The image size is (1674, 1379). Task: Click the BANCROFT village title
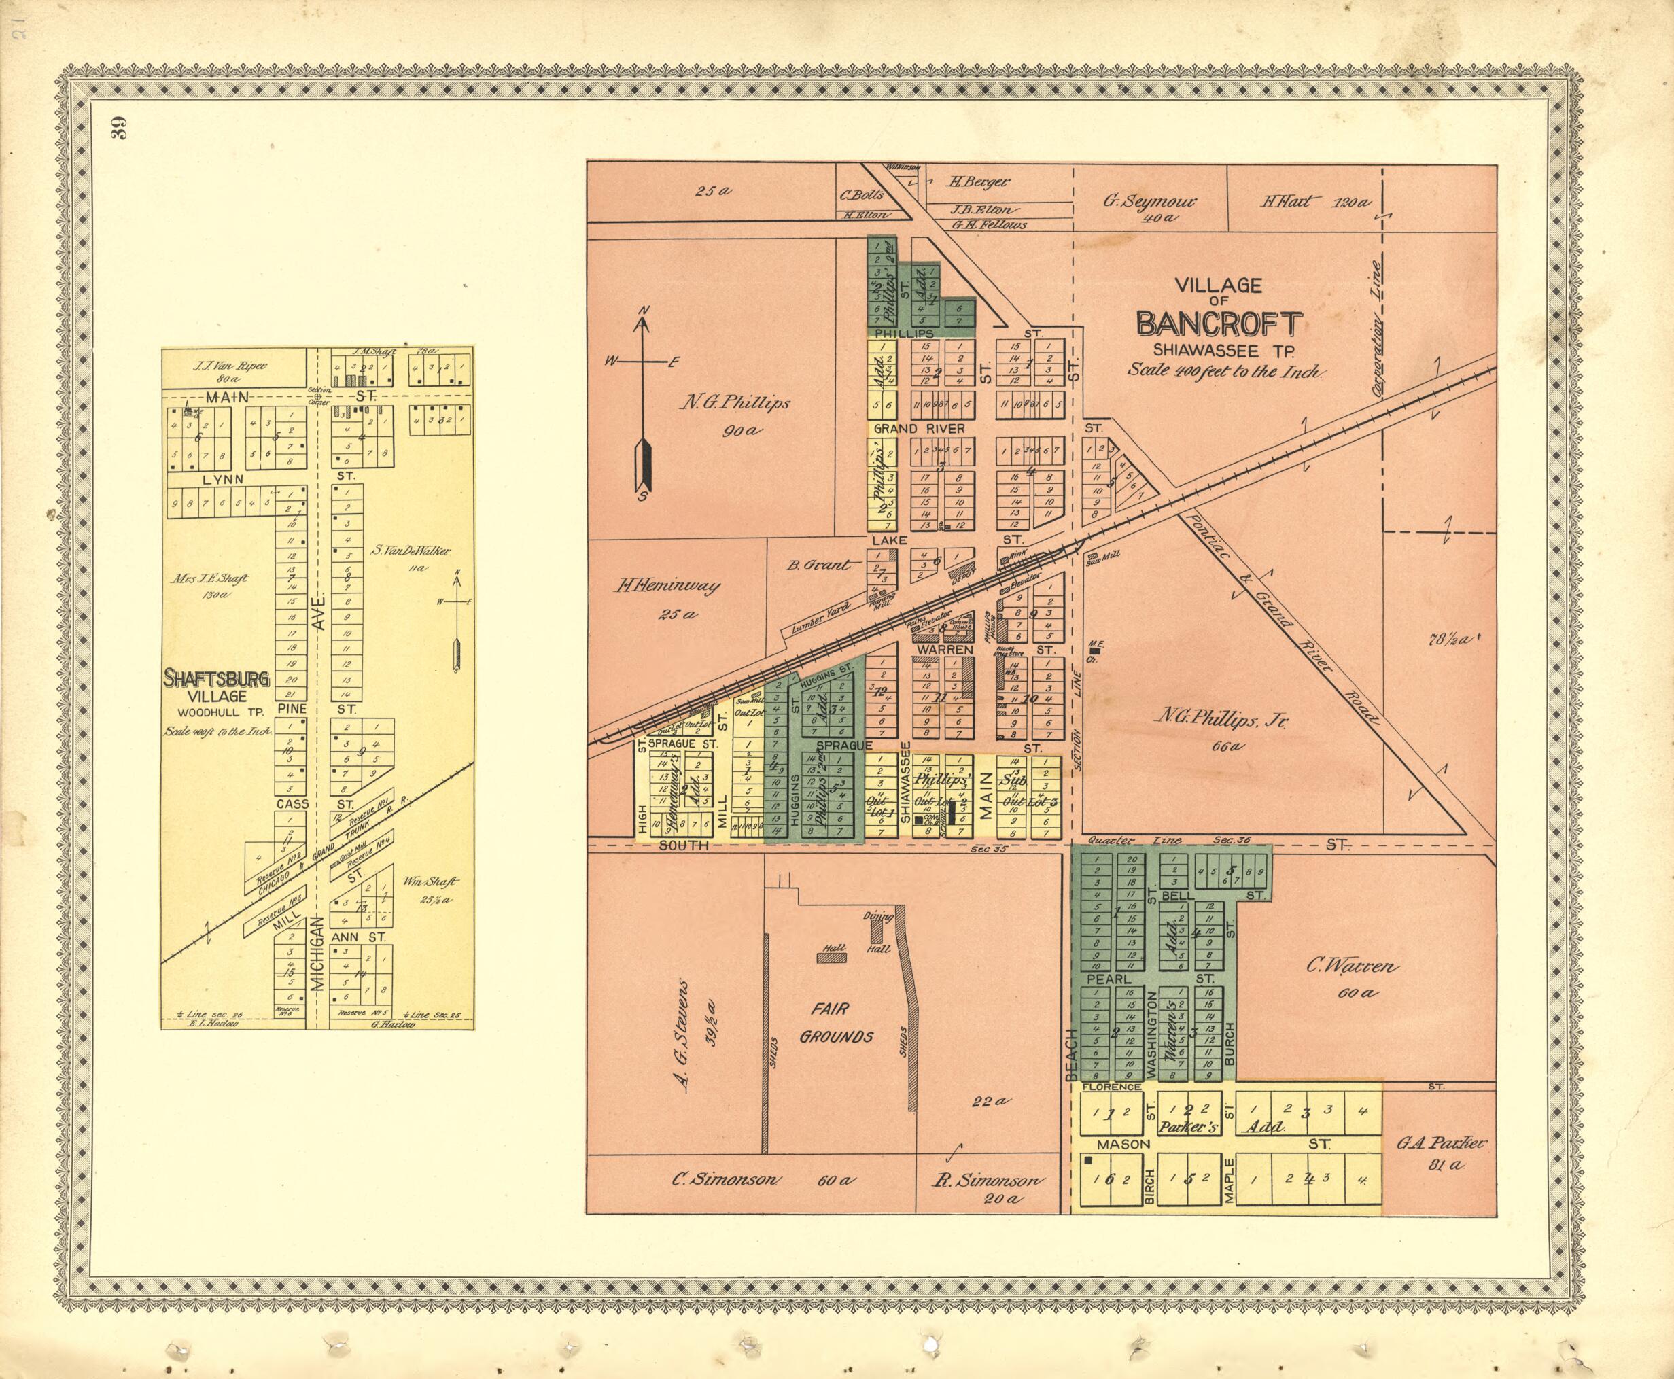pos(1219,324)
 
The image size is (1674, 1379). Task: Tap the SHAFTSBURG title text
pos(216,679)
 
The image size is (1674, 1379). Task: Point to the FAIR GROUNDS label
pos(836,1022)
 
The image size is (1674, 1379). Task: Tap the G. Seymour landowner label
pos(1149,201)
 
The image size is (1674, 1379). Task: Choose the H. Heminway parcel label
pos(667,587)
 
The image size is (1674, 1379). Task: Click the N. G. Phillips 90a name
pos(734,404)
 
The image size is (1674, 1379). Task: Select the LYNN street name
pos(223,480)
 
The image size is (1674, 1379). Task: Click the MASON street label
pos(1123,1145)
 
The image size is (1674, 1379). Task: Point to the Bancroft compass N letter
pos(645,311)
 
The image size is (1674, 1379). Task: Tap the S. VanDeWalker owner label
pos(411,551)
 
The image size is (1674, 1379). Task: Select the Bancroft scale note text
pos(1225,370)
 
